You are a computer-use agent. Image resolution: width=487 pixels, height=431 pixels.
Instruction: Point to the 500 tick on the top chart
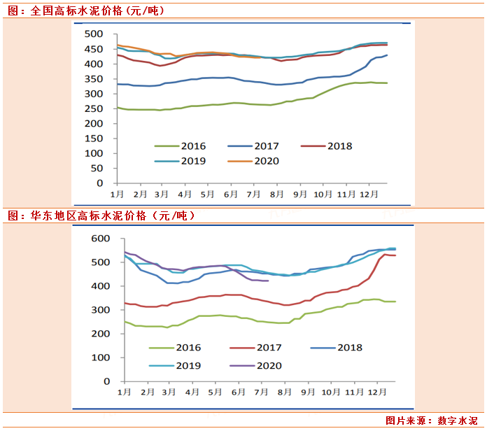[x=93, y=34]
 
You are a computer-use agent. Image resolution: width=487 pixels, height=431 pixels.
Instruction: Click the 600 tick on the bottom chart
[x=101, y=239]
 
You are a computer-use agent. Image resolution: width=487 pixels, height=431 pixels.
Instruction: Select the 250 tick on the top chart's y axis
[x=93, y=108]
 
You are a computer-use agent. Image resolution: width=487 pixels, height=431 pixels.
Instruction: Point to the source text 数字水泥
[x=460, y=421]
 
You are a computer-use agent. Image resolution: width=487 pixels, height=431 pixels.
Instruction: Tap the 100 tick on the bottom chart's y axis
[x=101, y=357]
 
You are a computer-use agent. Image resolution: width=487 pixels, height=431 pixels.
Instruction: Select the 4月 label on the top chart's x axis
[x=185, y=193]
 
